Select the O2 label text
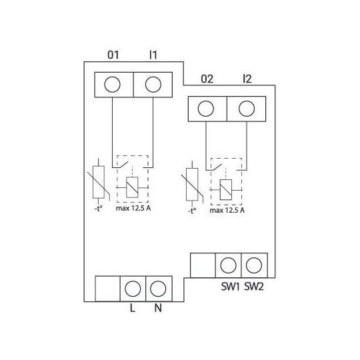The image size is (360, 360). point(207,79)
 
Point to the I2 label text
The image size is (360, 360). point(247,79)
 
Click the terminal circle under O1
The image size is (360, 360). point(113,84)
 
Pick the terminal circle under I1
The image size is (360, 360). point(153,84)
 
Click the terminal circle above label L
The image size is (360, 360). point(133,289)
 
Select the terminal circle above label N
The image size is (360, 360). point(158,289)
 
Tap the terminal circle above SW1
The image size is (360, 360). point(228,265)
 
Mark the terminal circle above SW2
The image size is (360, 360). point(253,265)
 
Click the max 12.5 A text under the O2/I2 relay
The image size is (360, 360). point(227,211)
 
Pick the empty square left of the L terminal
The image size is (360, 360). point(107,289)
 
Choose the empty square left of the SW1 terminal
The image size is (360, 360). point(203,265)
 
